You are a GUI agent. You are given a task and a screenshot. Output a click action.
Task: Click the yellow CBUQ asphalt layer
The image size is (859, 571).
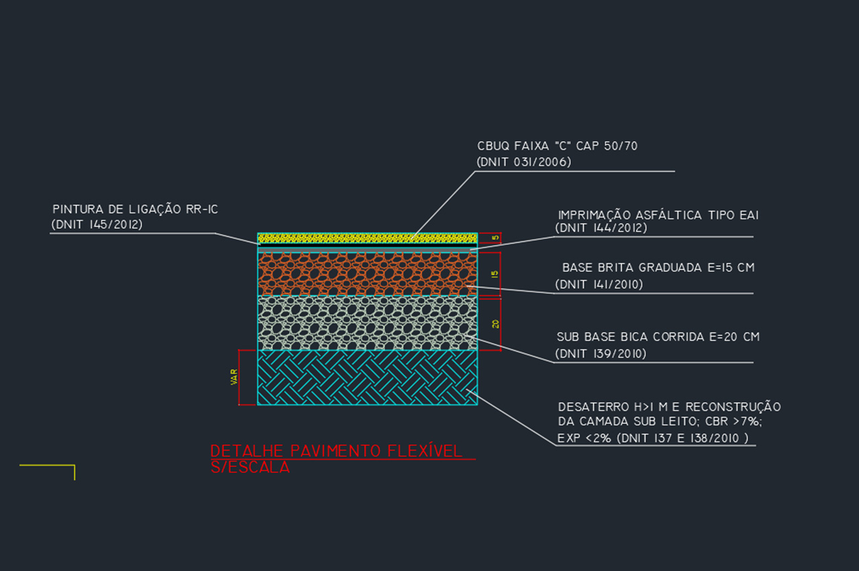(x=367, y=238)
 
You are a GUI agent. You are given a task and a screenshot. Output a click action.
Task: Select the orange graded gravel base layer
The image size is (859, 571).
(x=367, y=273)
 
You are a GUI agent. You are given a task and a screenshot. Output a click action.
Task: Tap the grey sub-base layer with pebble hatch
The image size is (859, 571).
(x=367, y=323)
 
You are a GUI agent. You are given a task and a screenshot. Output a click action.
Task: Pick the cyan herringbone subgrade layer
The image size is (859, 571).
(x=367, y=378)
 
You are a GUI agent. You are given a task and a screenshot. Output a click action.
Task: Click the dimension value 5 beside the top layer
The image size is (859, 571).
(x=495, y=238)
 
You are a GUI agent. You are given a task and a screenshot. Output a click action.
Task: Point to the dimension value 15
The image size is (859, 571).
(x=495, y=274)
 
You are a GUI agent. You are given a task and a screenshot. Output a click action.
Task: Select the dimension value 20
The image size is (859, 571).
(x=495, y=324)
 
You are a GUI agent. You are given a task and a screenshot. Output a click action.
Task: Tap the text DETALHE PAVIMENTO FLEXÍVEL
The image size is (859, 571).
(x=336, y=451)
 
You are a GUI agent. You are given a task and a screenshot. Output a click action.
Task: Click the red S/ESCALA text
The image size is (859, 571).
(x=250, y=468)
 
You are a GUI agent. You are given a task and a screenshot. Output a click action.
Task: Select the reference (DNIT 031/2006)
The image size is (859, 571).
(x=523, y=162)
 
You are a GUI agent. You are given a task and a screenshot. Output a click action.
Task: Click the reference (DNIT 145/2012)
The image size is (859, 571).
(x=97, y=225)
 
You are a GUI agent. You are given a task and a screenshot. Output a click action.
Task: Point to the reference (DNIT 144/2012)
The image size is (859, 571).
(x=601, y=228)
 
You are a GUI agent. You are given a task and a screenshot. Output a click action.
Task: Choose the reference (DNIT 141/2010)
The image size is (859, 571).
(x=599, y=285)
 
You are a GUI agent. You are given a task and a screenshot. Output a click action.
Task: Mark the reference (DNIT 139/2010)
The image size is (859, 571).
(x=601, y=354)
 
